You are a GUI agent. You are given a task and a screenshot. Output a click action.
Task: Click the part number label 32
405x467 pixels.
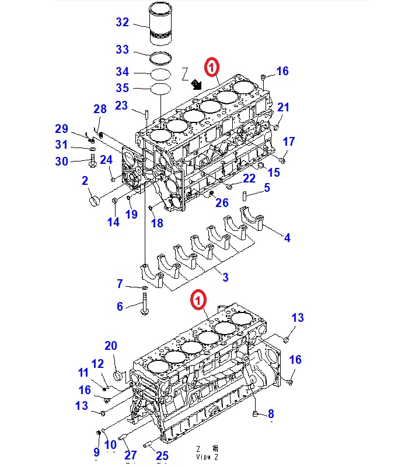tap(122, 23)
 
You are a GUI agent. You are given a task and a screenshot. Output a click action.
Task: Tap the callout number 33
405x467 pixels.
tap(122, 50)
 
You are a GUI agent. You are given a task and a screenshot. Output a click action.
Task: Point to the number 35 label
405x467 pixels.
tap(122, 88)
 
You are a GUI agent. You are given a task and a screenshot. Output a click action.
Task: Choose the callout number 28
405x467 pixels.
tap(100, 109)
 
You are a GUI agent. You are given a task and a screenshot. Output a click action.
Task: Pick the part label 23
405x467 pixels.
tap(121, 106)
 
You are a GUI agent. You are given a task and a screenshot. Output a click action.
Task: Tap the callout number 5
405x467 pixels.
tap(267, 188)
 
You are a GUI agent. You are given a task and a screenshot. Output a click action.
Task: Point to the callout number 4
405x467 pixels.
tap(287, 237)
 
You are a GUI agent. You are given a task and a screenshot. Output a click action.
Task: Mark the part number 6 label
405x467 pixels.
tap(120, 306)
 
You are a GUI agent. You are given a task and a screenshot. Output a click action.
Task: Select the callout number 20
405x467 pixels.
tap(111, 347)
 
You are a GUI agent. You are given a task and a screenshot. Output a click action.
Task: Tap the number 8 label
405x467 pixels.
tap(271, 414)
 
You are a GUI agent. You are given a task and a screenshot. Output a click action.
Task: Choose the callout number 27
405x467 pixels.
tap(131, 455)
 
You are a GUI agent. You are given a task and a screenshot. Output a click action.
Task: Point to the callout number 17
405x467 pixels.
tap(289, 142)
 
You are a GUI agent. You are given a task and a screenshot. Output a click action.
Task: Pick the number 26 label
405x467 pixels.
tap(222, 203)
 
